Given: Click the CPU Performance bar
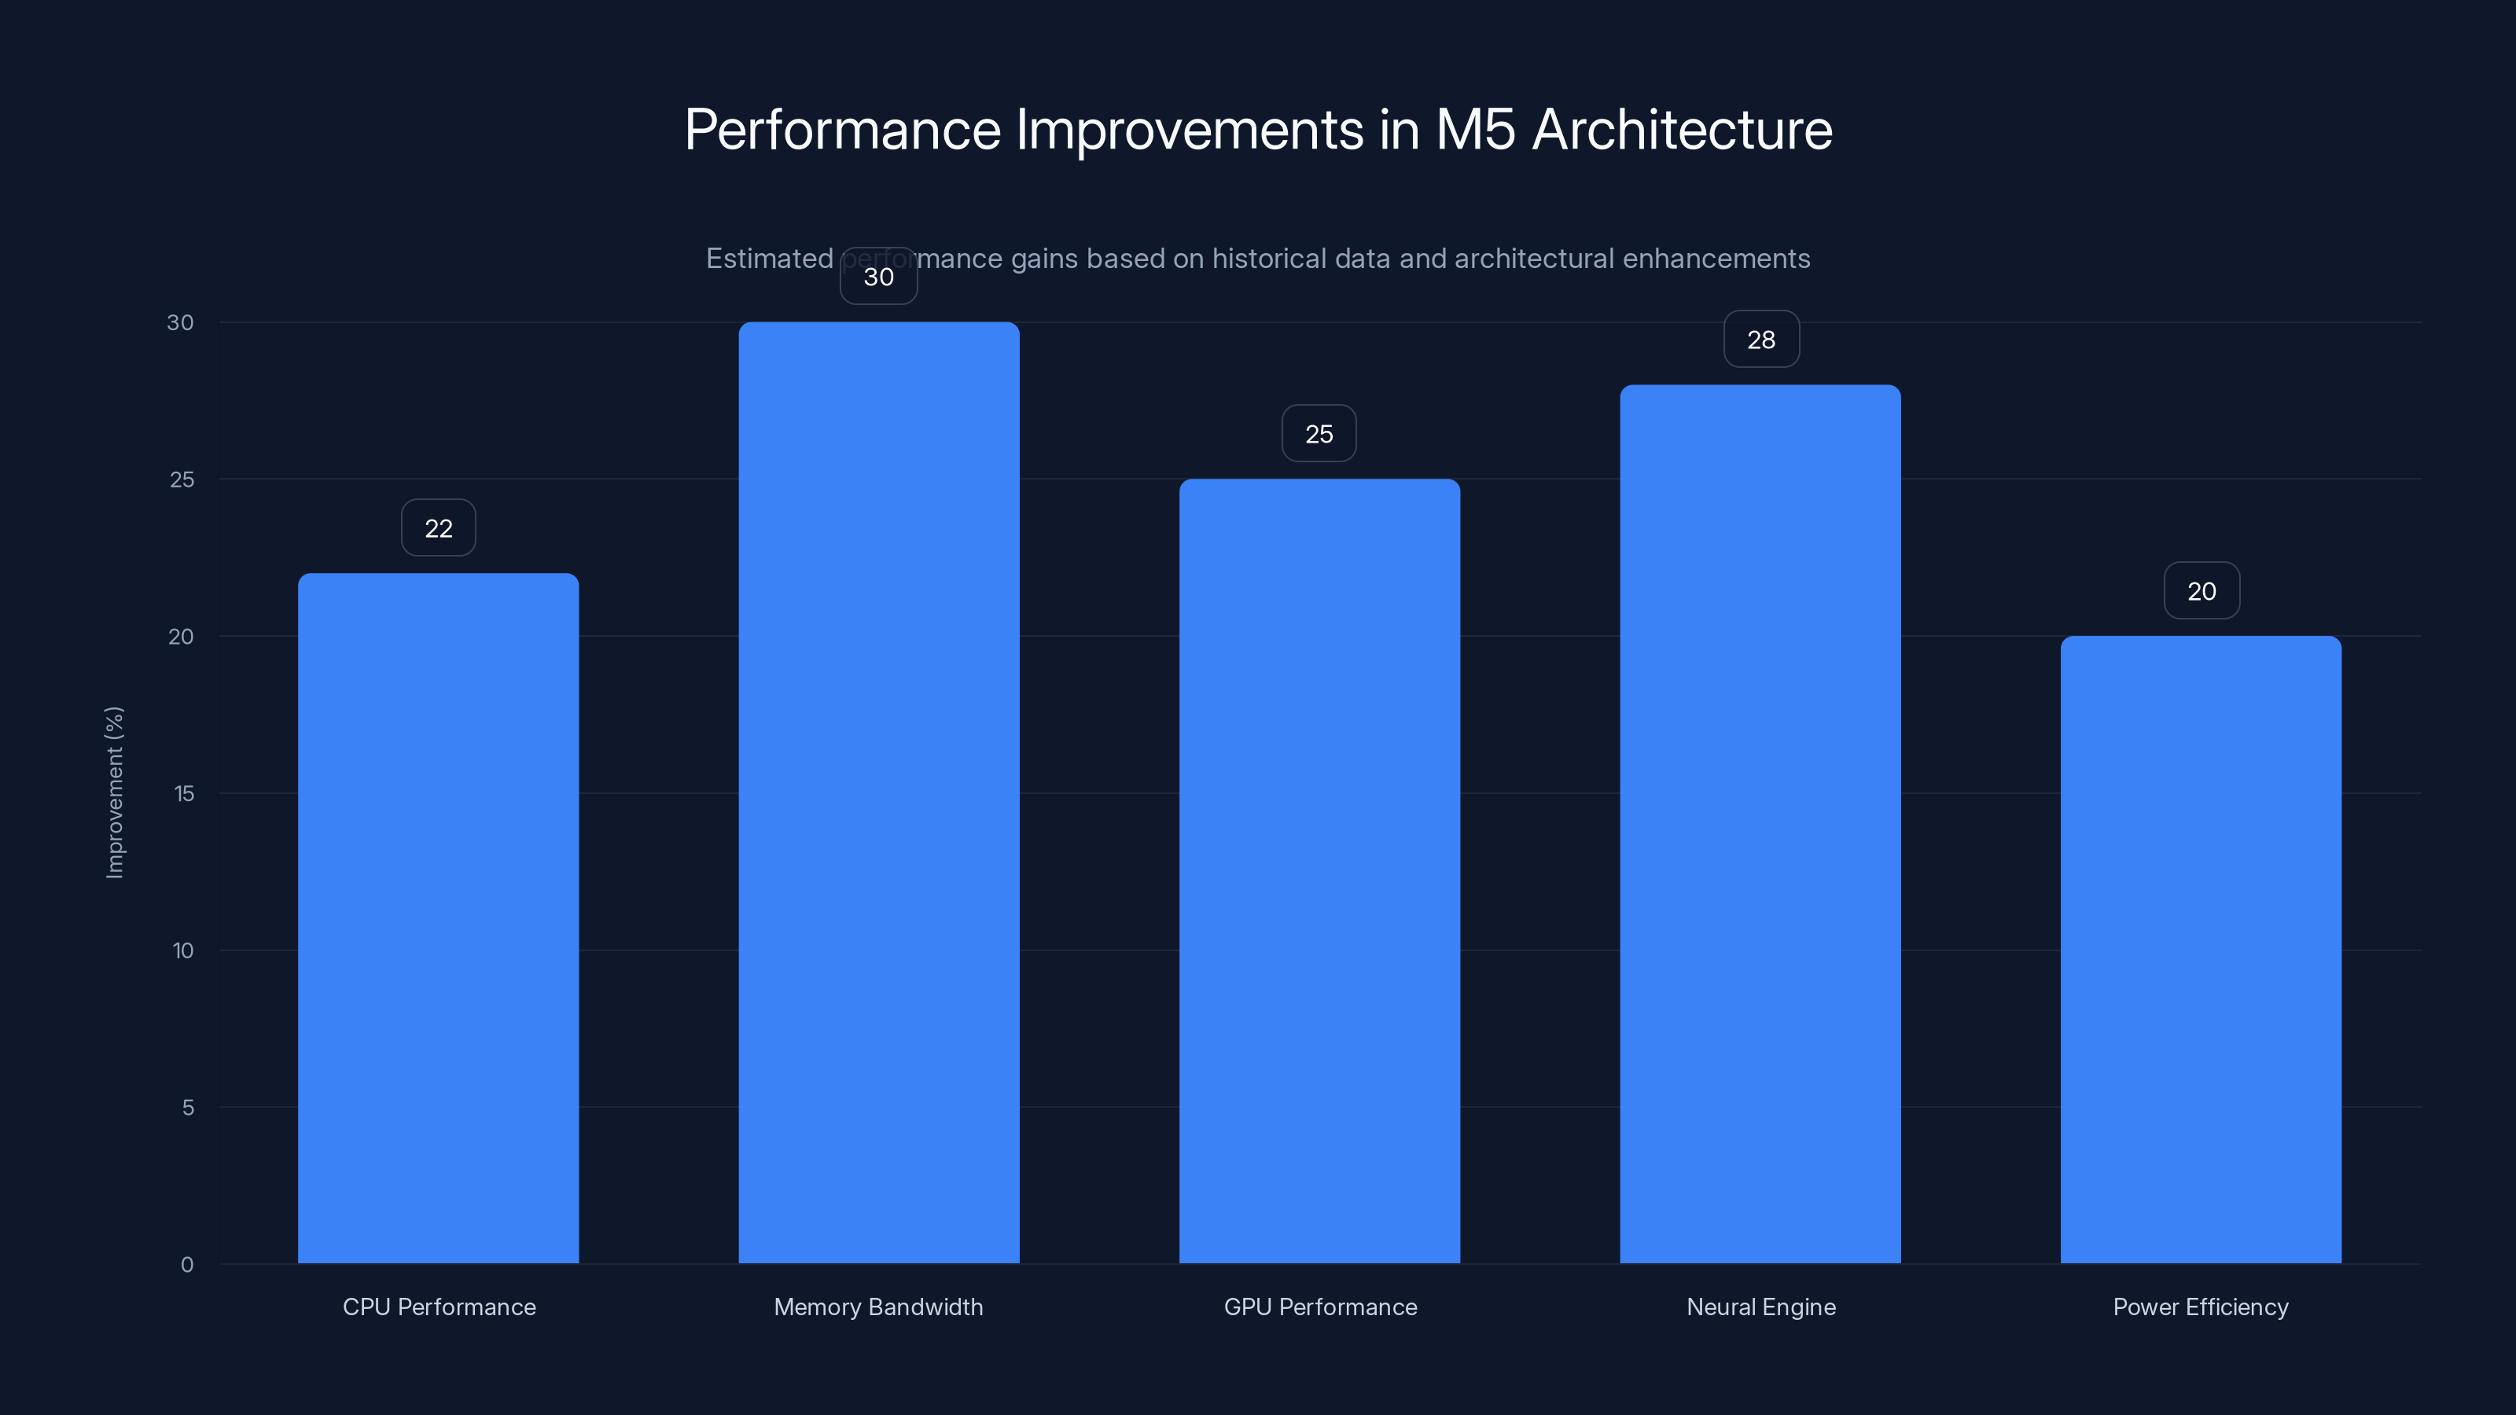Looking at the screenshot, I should point(438,918).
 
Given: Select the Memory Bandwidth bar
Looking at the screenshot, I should point(878,792).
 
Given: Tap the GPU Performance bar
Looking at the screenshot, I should point(1319,870).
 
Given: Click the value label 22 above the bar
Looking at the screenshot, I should point(439,528).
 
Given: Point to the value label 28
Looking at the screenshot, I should point(1761,340).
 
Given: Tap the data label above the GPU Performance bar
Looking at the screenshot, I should point(1319,434).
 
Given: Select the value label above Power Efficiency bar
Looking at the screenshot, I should point(2201,591).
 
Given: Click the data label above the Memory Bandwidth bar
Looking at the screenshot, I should point(878,277).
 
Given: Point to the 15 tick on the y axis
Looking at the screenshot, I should point(184,794).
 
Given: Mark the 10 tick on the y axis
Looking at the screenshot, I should point(182,951).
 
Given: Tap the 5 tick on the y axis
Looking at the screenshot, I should point(188,1108).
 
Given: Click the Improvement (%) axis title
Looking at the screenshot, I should point(114,792).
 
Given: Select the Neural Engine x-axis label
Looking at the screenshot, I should point(1761,1307).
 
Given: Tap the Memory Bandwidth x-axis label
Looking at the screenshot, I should point(878,1307).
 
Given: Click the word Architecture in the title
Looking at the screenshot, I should point(1682,130).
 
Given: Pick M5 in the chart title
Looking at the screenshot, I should point(1475,130).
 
